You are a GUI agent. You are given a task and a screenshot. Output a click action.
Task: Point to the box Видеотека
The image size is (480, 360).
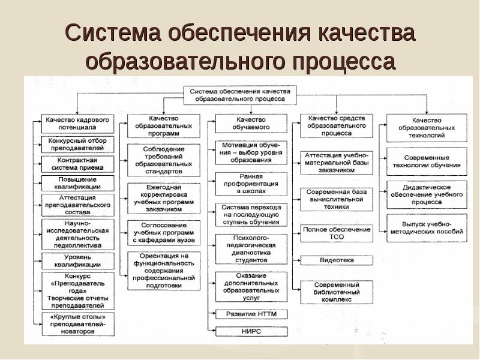point(336,260)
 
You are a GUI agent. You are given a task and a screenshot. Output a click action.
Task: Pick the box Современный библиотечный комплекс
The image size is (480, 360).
point(336,292)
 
